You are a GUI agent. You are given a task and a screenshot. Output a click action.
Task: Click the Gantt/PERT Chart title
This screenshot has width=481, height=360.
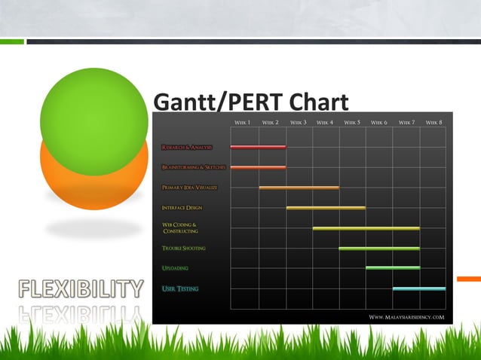click(x=250, y=102)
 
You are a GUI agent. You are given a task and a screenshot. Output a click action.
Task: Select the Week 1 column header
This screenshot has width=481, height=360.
click(x=242, y=122)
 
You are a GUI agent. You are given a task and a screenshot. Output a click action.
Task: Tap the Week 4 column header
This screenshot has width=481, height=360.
click(x=324, y=122)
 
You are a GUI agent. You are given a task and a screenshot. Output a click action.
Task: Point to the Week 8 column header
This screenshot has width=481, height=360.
click(x=434, y=122)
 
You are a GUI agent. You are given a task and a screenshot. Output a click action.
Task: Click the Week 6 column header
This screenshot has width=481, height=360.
click(x=378, y=122)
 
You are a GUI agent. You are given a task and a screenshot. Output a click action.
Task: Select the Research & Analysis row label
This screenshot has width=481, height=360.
click(x=187, y=147)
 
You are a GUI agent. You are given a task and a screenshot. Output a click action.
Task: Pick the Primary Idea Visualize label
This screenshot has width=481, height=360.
click(x=189, y=188)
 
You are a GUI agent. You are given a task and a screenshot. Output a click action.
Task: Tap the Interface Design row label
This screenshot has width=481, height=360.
click(x=182, y=208)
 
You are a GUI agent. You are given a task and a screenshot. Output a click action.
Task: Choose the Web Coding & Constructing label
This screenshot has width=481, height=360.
click(x=180, y=228)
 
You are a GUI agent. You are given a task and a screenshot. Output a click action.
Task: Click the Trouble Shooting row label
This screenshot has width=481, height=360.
click(x=183, y=249)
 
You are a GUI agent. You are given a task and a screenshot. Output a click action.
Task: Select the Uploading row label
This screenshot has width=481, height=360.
click(x=175, y=268)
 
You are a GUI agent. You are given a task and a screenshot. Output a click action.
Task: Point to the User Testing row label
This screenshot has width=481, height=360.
click(x=180, y=288)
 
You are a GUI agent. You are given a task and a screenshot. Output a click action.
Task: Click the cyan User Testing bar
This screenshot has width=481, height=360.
click(x=418, y=288)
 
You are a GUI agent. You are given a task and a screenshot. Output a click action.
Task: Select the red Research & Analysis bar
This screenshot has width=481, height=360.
click(x=258, y=147)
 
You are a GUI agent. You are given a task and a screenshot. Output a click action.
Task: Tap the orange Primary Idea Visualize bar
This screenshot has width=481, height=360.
click(x=299, y=188)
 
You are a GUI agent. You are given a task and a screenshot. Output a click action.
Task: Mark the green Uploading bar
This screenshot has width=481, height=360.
click(x=393, y=267)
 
